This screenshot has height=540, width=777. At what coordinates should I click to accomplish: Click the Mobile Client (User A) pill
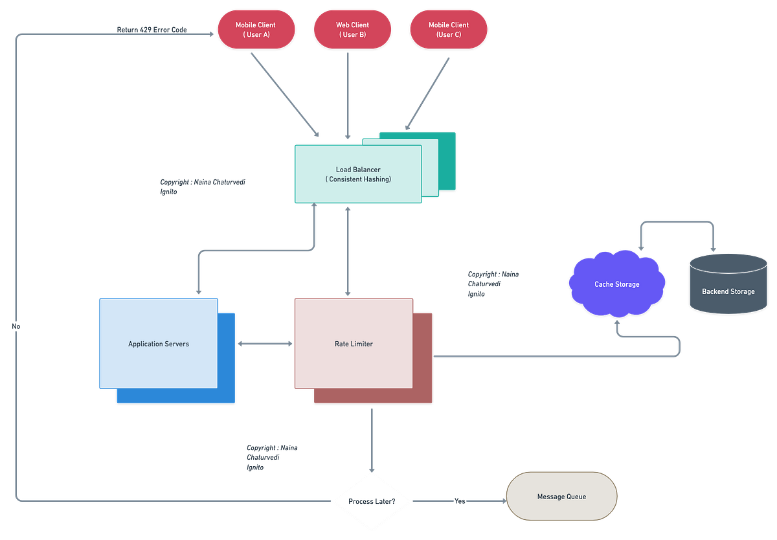pyautogui.click(x=256, y=30)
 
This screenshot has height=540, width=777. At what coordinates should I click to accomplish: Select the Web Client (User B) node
pyautogui.click(x=352, y=30)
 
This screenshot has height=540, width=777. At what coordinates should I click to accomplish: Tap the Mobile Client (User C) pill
pyautogui.click(x=448, y=30)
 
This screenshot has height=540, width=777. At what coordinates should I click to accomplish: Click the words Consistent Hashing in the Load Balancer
pyautogui.click(x=358, y=179)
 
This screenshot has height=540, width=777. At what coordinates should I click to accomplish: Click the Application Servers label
pyautogui.click(x=159, y=344)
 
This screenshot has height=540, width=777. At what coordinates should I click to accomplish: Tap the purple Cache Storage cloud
pyautogui.click(x=616, y=284)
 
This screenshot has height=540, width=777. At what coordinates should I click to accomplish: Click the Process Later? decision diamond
pyautogui.click(x=372, y=501)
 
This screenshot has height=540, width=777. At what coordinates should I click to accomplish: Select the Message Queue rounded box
pyautogui.click(x=561, y=497)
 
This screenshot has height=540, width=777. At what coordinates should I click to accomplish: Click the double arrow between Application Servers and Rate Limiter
pyautogui.click(x=265, y=344)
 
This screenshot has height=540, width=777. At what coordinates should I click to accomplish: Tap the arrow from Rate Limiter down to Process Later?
pyautogui.click(x=372, y=440)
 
